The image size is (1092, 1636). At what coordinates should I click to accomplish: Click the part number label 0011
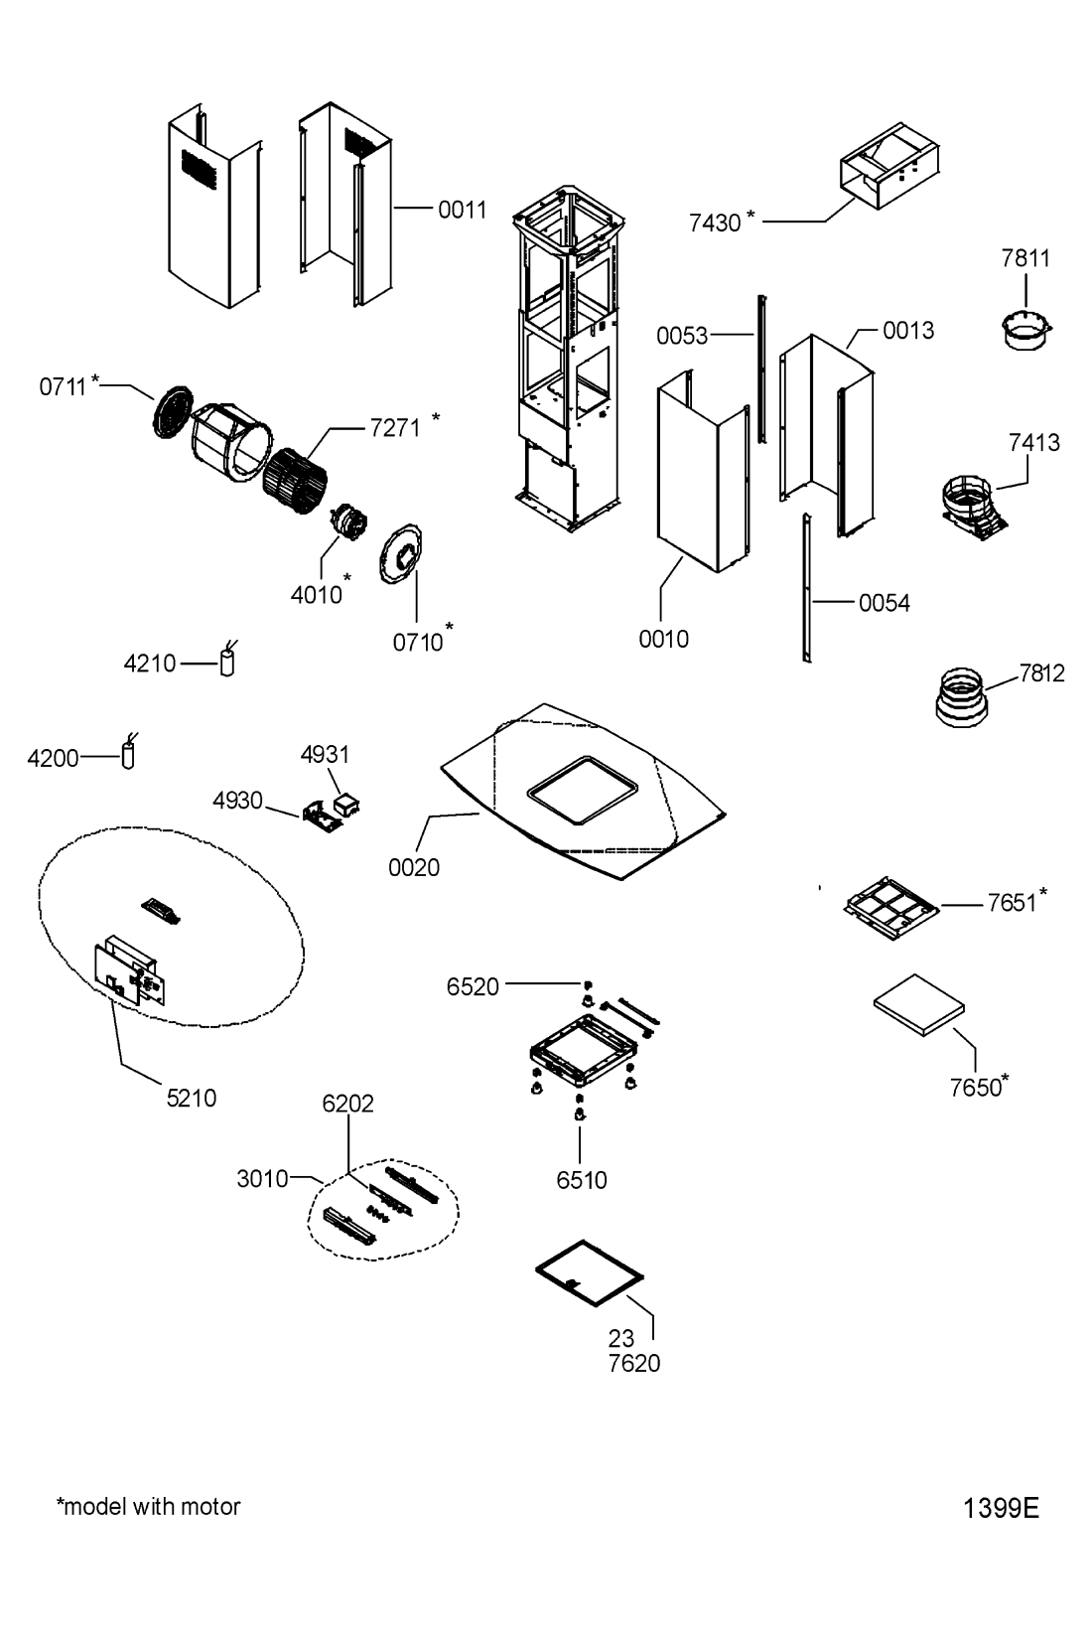pyautogui.click(x=462, y=211)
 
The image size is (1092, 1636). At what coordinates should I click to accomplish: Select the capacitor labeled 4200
pyautogui.click(x=128, y=752)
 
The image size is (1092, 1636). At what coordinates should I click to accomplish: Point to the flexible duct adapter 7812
pyautogui.click(x=961, y=696)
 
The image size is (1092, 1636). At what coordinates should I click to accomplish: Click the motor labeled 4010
pyautogui.click(x=347, y=521)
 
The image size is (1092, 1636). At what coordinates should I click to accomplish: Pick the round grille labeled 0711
pyautogui.click(x=173, y=411)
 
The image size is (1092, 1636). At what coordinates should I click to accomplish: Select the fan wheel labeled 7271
pyautogui.click(x=295, y=479)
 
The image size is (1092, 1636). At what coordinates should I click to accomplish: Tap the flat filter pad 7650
pyautogui.click(x=919, y=1004)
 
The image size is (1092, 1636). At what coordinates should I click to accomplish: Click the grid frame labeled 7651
pyautogui.click(x=891, y=908)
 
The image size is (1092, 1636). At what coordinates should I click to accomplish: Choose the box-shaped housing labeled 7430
pyautogui.click(x=889, y=166)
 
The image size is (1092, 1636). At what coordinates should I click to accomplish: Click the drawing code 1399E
pyautogui.click(x=1001, y=1508)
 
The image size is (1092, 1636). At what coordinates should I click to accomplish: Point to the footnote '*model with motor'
pyautogui.click(x=148, y=1506)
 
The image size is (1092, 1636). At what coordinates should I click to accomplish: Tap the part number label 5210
pyautogui.click(x=192, y=1098)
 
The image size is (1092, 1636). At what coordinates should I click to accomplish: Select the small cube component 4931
pyautogui.click(x=346, y=806)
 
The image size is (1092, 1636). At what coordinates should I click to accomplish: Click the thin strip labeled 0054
pyautogui.click(x=806, y=588)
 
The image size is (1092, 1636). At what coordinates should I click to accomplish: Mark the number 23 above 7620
pyautogui.click(x=621, y=1339)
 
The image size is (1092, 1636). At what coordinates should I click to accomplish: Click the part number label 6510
pyautogui.click(x=582, y=1180)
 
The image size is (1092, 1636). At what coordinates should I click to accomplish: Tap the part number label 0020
pyautogui.click(x=414, y=867)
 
